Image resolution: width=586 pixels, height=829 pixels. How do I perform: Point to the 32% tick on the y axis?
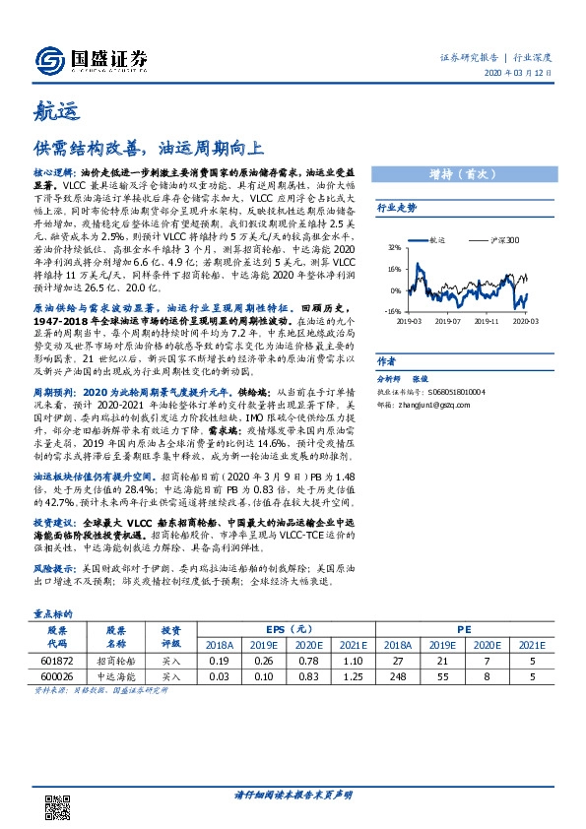click(x=395, y=248)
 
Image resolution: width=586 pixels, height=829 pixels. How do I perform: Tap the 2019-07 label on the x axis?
click(x=448, y=320)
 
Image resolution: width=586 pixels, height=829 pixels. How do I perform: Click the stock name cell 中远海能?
click(x=116, y=677)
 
